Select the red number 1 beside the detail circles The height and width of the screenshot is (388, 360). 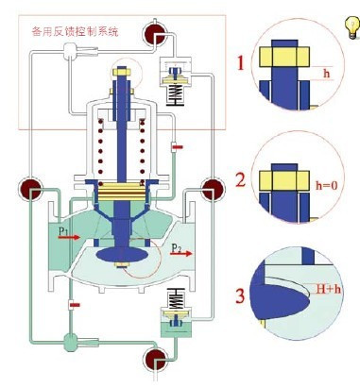241,65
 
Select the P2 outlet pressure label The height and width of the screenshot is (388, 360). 180,247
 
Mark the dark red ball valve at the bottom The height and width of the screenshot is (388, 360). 153,360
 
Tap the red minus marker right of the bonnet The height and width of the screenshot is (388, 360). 176,146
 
